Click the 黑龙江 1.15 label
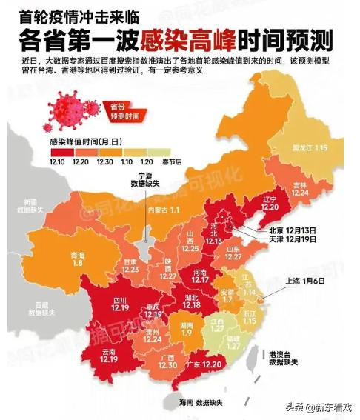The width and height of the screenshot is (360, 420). click(x=310, y=149)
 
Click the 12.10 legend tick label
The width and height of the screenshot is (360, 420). click(x=58, y=161)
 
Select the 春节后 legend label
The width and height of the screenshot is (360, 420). click(x=169, y=161)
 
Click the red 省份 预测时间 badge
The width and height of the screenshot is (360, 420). click(x=120, y=111)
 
